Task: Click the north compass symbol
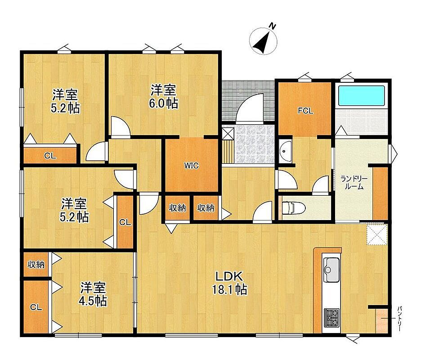[x=263, y=41]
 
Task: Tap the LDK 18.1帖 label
[x=229, y=283]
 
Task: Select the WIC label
[x=192, y=166]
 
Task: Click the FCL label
[x=305, y=111]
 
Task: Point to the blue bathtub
[x=361, y=96]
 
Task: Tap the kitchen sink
[x=331, y=270]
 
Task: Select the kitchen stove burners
[x=332, y=318]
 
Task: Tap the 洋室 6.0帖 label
[x=164, y=96]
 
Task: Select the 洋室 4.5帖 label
[x=93, y=294]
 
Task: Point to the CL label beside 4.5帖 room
[x=36, y=307]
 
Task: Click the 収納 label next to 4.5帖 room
[x=36, y=265]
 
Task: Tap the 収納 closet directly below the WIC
[x=177, y=207]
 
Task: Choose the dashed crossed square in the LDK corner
[x=377, y=234]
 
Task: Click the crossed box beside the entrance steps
[x=228, y=133]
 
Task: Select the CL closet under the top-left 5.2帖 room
[x=50, y=156]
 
